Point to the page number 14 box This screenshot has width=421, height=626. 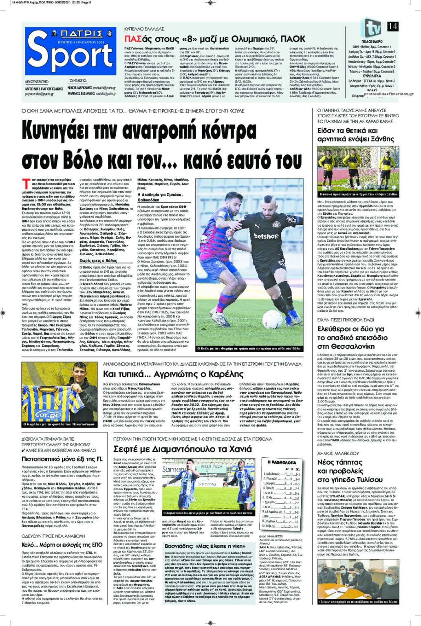click(x=392, y=26)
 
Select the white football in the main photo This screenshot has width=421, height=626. click(x=272, y=319)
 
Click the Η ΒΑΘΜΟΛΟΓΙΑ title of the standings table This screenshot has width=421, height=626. click(x=282, y=462)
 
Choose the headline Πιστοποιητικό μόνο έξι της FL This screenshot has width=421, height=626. click(x=62, y=459)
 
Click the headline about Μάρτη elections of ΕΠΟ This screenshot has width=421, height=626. click(x=62, y=544)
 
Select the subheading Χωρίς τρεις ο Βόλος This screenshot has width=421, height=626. click(x=99, y=260)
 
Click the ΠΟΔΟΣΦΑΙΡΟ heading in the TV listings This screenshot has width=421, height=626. click(x=372, y=42)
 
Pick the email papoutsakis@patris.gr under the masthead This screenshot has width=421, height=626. click(x=39, y=94)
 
